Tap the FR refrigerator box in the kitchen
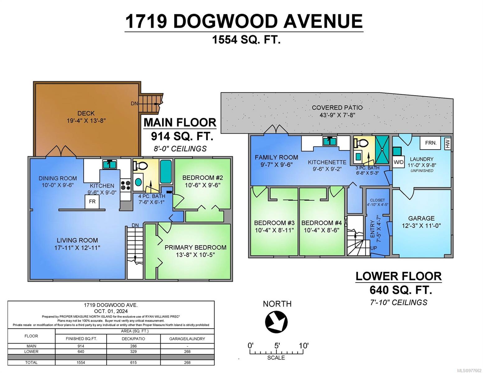click(92, 202)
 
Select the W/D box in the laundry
click(398, 162)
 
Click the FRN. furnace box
click(430, 143)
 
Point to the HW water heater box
click(448, 144)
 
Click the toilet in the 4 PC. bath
click(141, 165)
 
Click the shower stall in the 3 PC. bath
click(382, 150)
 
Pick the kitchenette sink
click(330, 141)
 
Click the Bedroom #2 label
click(202, 178)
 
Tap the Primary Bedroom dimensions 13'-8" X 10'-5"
click(195, 255)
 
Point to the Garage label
click(421, 218)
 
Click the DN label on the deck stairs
click(134, 104)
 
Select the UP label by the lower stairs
click(374, 248)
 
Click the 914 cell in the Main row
click(81, 346)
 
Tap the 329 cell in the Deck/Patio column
click(133, 352)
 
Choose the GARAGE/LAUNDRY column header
click(187, 339)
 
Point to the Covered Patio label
click(337, 108)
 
